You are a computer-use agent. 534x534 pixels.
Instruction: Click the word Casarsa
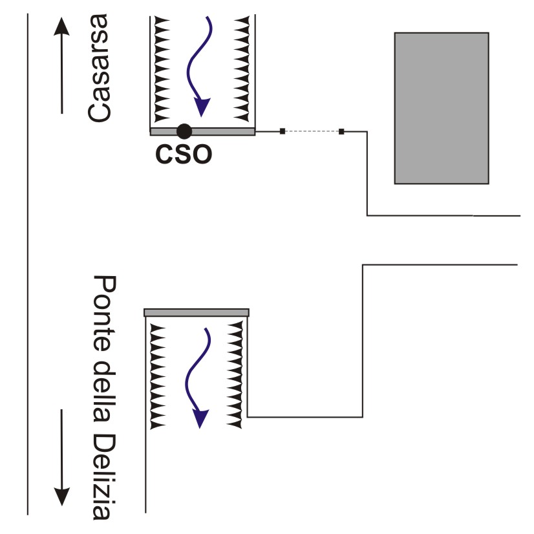(x=101, y=70)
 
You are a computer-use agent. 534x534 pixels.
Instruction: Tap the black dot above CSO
(x=184, y=131)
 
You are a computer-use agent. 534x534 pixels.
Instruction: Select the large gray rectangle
(x=442, y=108)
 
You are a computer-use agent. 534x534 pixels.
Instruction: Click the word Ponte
(x=103, y=310)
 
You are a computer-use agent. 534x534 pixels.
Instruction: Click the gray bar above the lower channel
(x=196, y=313)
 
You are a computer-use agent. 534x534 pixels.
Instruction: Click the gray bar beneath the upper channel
(x=202, y=131)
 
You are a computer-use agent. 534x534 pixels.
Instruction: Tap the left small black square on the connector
(x=283, y=131)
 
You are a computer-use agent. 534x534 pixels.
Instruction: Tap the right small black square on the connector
(x=341, y=131)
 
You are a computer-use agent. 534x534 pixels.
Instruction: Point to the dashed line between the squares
(x=312, y=131)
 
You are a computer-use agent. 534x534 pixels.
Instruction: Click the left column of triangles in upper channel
(x=162, y=68)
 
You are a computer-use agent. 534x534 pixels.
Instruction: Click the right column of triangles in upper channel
(x=244, y=68)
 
